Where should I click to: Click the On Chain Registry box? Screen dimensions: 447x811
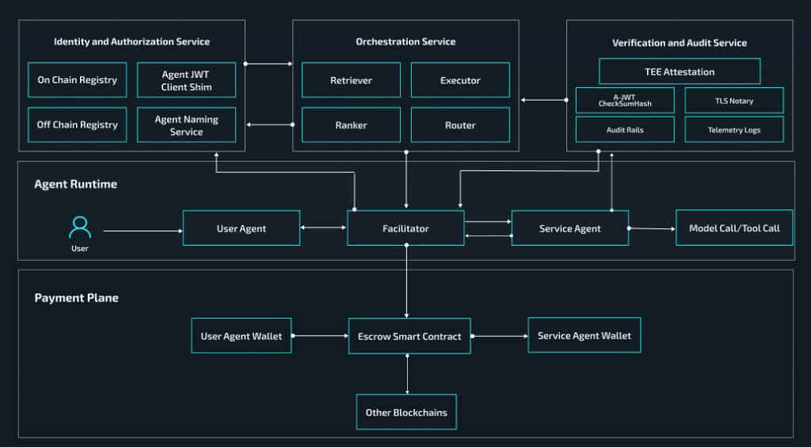[77, 80]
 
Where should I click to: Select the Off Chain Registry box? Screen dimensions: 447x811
[77, 124]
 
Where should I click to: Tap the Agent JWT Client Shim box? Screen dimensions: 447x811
[186, 81]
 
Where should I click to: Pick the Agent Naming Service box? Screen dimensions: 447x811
[186, 125]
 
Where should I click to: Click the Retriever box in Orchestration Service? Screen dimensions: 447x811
[351, 80]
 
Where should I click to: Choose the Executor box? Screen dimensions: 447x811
[460, 80]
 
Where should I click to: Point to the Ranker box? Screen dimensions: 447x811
[351, 125]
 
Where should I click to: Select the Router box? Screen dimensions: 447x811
[460, 125]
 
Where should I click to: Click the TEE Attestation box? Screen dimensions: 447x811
[679, 71]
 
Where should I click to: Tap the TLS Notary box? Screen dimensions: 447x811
[734, 101]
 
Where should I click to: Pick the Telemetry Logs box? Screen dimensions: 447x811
[734, 129]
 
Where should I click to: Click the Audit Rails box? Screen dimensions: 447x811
[625, 129]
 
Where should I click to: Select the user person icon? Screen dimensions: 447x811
[80, 227]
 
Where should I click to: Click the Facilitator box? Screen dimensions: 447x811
[405, 228]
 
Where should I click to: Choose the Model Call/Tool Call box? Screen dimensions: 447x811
[734, 228]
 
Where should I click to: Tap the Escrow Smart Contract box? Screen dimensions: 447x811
[409, 336]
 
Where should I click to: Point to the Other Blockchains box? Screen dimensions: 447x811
[406, 412]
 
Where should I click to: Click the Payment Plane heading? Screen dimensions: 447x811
[76, 298]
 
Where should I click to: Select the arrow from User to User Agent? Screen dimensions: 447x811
[143, 231]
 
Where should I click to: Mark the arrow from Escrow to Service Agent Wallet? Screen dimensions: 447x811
[499, 336]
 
